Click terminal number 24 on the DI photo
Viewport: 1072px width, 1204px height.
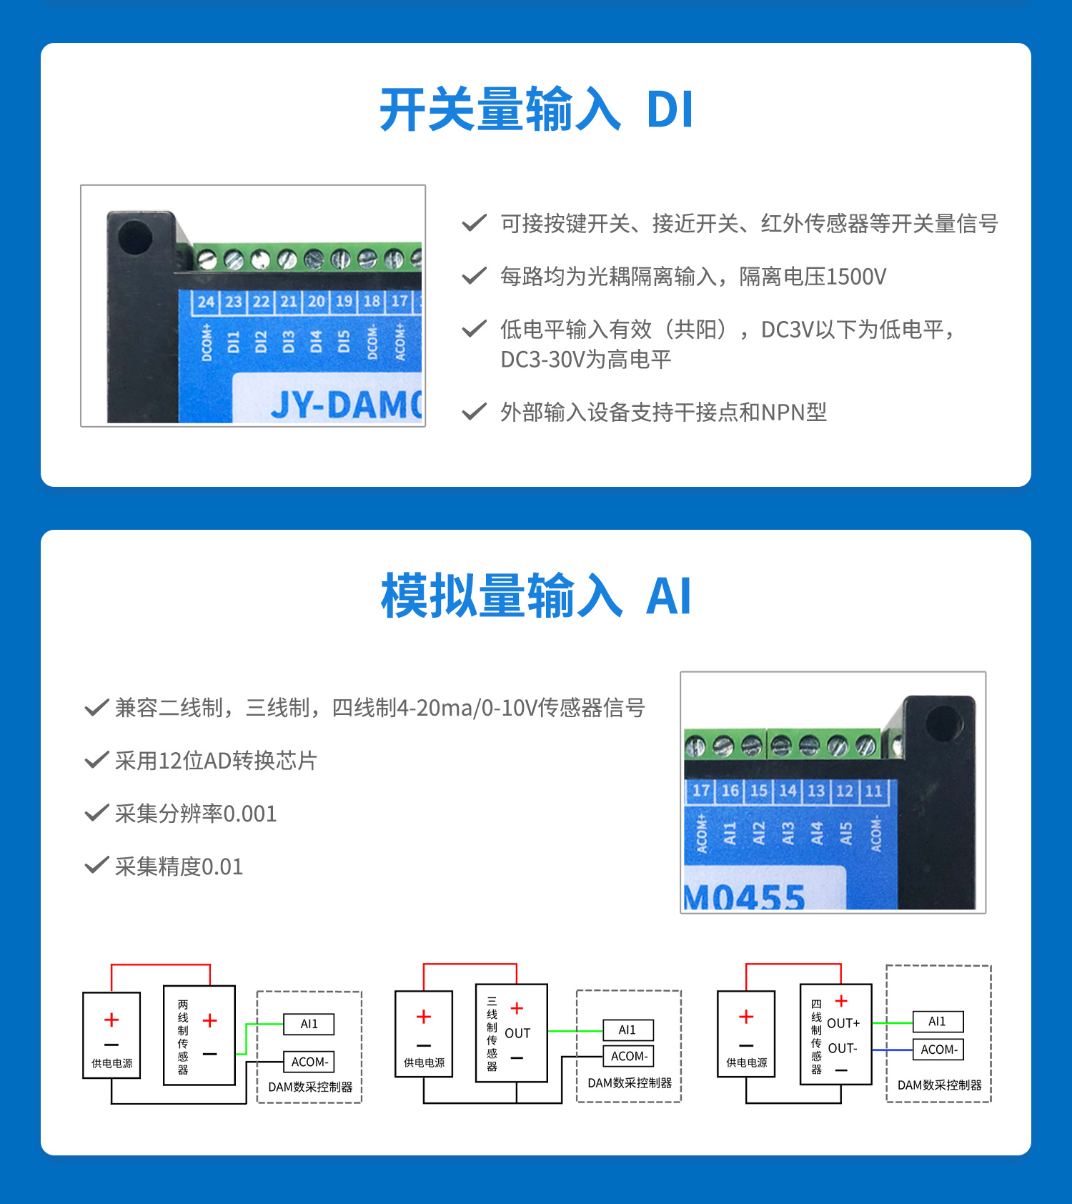(206, 301)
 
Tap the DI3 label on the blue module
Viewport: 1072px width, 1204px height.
(288, 341)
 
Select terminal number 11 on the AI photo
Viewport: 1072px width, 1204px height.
(873, 791)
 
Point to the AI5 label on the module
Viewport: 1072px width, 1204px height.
(845, 833)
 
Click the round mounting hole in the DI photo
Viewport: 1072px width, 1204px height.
(135, 237)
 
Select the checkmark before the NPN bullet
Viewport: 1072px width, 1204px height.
(474, 412)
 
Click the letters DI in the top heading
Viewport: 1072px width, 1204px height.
(670, 110)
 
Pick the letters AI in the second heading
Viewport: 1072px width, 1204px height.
(668, 596)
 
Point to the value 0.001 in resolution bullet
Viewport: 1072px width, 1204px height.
(249, 814)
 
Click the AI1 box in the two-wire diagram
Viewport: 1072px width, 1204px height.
(309, 1024)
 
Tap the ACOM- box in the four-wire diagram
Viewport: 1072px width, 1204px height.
(938, 1050)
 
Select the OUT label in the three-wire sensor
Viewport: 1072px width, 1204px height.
(517, 1033)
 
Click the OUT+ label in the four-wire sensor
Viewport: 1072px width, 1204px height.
(843, 1023)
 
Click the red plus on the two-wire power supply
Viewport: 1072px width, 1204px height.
(111, 1020)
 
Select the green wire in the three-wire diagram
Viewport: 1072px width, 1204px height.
(575, 1031)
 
